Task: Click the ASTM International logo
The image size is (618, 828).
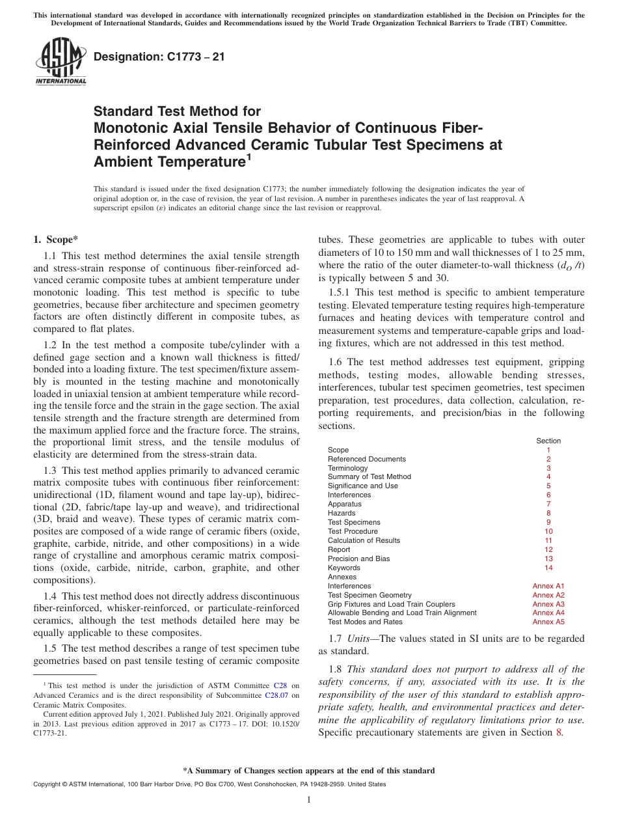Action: (x=60, y=62)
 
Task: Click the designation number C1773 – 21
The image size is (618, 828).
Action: (x=159, y=57)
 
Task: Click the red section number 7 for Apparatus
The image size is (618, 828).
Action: (x=548, y=504)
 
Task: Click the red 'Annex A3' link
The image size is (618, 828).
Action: (x=548, y=604)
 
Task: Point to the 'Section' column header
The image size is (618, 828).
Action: (x=548, y=441)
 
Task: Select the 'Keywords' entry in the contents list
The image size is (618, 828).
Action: (x=344, y=568)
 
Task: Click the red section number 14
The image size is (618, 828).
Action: (x=548, y=568)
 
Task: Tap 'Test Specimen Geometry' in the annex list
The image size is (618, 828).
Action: (x=369, y=595)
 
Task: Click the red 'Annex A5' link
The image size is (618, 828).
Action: (x=548, y=622)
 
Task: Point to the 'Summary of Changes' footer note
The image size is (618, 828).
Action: (x=309, y=771)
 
